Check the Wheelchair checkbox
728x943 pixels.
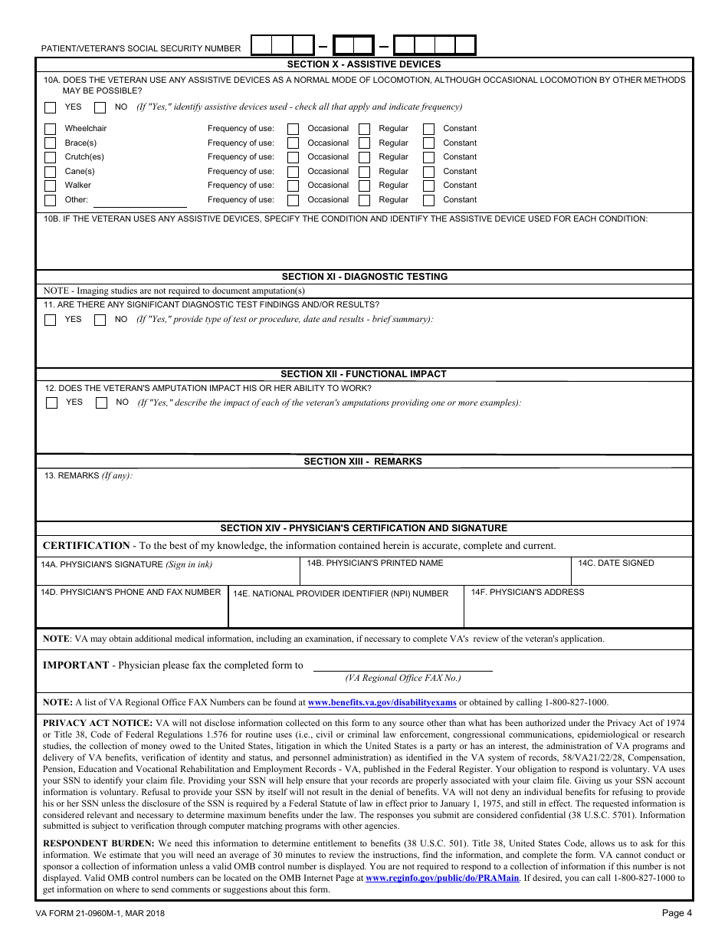50,129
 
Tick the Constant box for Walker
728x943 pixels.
429,186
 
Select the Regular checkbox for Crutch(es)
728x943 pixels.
365,157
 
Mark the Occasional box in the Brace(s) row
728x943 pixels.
293,143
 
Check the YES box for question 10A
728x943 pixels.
50,107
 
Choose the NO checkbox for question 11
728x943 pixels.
100,320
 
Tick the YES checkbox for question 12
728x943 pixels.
51,402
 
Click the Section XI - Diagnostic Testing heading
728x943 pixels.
364,277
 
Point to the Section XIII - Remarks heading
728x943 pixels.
362,462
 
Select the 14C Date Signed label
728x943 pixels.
615,563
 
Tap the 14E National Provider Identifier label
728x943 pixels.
340,593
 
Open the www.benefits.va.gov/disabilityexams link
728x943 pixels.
382,702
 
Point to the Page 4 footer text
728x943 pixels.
677,913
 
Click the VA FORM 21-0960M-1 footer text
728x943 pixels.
100,913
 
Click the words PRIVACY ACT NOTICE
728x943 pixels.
97,723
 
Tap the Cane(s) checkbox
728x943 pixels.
50,172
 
